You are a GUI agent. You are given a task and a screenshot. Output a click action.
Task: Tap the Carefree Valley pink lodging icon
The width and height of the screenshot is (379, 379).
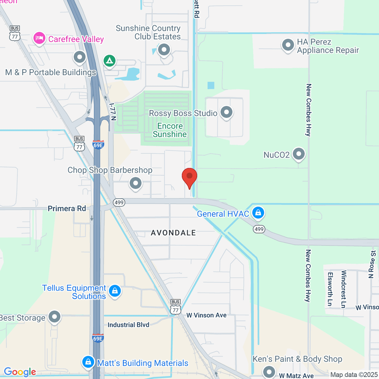tap(39, 39)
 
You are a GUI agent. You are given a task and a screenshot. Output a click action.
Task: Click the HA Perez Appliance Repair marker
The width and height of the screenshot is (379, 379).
tap(288, 45)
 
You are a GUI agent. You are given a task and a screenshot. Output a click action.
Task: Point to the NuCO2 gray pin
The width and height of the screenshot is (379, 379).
tap(298, 154)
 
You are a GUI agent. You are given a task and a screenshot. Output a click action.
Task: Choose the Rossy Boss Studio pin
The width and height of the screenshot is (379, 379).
tap(226, 112)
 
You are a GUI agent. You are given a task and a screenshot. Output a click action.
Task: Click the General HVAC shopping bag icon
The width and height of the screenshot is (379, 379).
tap(258, 213)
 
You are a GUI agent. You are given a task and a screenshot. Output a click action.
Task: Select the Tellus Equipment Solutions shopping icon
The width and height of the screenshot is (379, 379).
tap(115, 291)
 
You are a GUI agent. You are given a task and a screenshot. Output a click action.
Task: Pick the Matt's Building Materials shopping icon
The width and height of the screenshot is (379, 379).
tap(88, 362)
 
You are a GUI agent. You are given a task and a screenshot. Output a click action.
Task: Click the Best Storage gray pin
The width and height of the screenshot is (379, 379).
tap(55, 317)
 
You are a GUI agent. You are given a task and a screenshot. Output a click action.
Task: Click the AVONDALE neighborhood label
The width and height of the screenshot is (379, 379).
tap(173, 233)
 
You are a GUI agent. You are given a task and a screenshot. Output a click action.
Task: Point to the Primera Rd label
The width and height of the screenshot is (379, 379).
tap(67, 208)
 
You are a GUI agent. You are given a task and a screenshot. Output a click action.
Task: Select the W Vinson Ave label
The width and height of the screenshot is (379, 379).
tap(206, 315)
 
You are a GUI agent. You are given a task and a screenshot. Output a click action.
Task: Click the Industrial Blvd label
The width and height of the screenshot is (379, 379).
tap(128, 325)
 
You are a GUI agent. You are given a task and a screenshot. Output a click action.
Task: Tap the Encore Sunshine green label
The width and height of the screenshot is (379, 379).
tap(170, 130)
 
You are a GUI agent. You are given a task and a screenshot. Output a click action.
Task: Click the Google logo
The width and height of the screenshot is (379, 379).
tap(20, 372)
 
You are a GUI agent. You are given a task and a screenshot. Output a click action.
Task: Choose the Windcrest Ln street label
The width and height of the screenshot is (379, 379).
tap(343, 289)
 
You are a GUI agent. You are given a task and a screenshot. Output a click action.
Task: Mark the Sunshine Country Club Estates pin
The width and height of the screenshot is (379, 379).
tap(164, 50)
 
